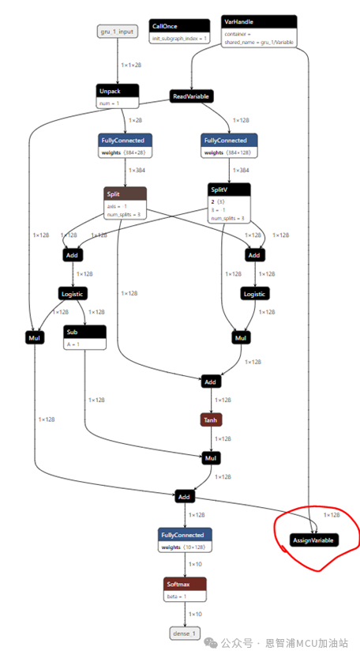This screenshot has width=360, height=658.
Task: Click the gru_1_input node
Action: point(117,32)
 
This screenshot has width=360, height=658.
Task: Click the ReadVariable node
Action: point(192,96)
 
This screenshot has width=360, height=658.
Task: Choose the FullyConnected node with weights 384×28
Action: point(126,140)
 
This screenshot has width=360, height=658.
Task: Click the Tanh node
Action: point(211,419)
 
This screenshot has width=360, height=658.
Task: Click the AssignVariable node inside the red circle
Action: point(313,540)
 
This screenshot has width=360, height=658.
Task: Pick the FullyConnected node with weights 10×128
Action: point(186,535)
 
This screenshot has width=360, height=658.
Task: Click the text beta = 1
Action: point(177,596)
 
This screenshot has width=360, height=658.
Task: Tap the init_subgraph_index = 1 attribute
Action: point(180,38)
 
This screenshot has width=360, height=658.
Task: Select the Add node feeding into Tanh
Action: point(210,382)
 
